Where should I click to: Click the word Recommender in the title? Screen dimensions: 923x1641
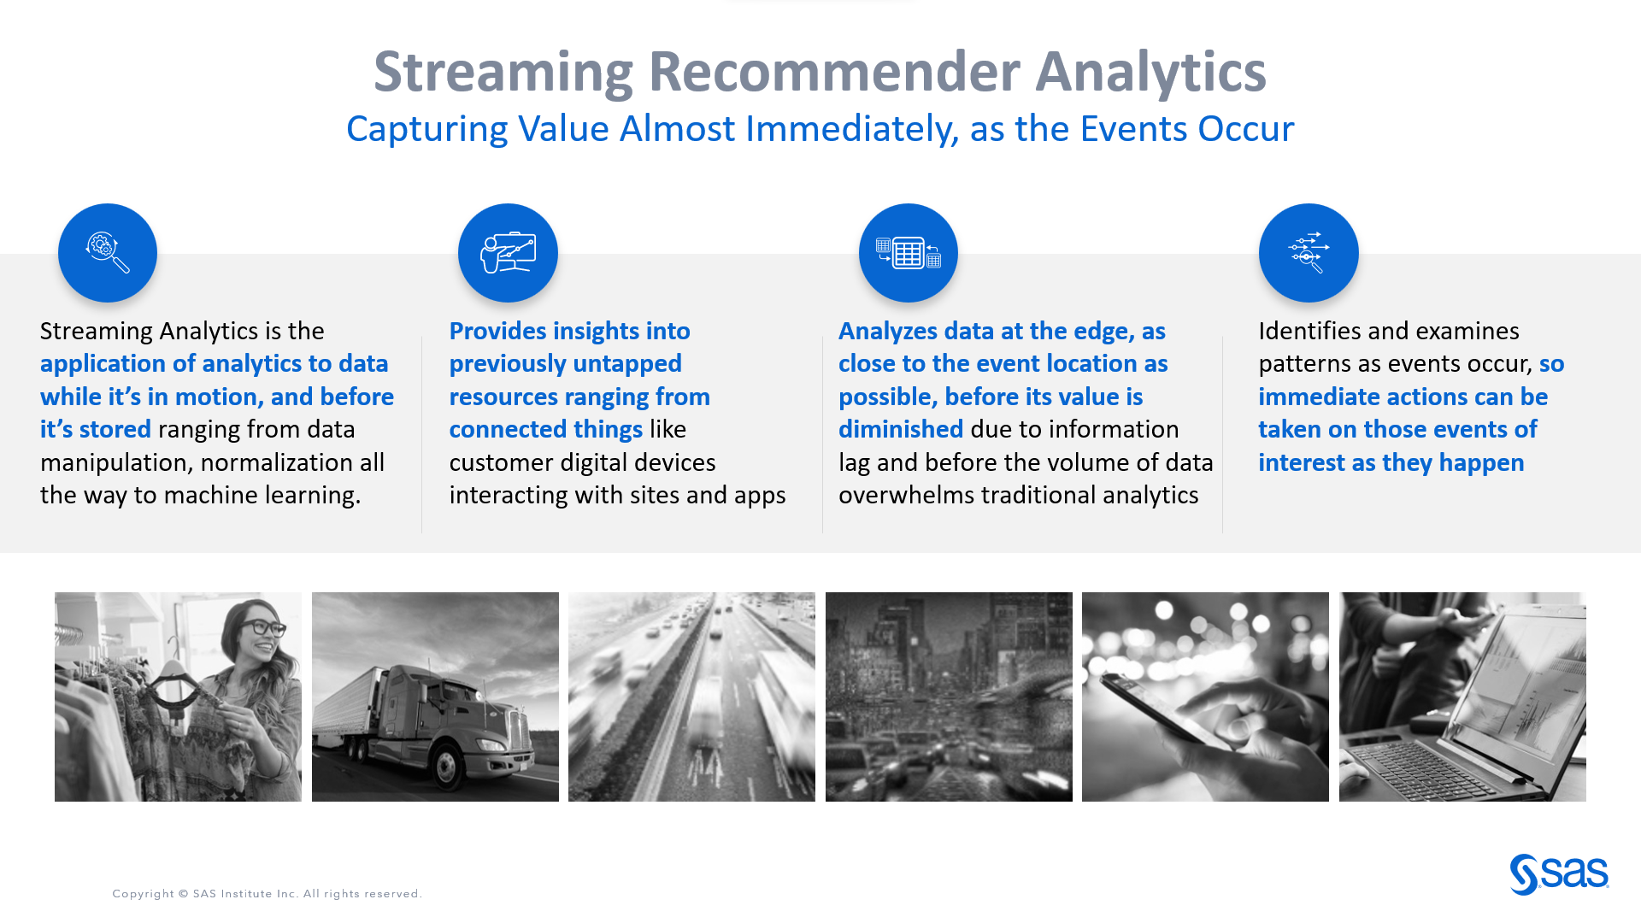pyautogui.click(x=833, y=72)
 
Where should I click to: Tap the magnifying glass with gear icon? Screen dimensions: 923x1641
pyautogui.click(x=108, y=253)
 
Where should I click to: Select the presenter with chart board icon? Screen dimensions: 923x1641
pyautogui.click(x=508, y=253)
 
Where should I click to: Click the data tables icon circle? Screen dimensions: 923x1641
pyautogui.click(x=908, y=253)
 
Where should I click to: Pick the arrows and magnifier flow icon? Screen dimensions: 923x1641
pyautogui.click(x=1309, y=253)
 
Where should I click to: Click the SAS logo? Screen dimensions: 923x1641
pyautogui.click(x=1559, y=874)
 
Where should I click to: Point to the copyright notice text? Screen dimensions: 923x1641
pyautogui.click(x=267, y=894)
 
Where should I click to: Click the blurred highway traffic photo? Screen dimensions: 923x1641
pyautogui.click(x=691, y=697)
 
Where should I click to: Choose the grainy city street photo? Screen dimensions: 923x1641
pyautogui.click(x=949, y=697)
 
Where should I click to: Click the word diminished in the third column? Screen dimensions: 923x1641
pyautogui.click(x=900, y=430)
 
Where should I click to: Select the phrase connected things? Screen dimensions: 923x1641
pyautogui.click(x=545, y=430)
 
